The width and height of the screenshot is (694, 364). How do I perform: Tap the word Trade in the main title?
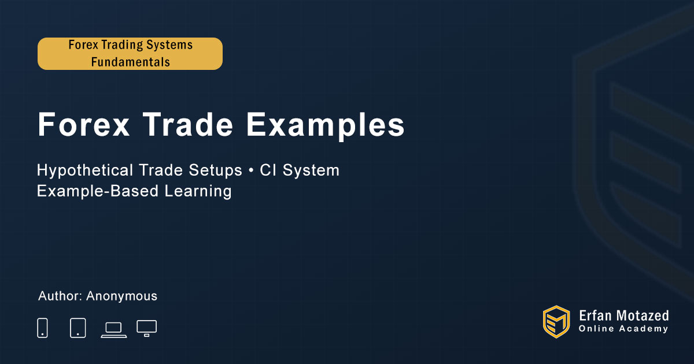pos(188,124)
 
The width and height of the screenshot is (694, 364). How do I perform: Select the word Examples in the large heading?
pos(326,127)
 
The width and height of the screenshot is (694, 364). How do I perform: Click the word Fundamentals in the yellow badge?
pos(131,62)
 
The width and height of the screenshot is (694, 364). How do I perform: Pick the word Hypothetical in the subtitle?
pos(85,171)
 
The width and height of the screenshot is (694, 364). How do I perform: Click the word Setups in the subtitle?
pos(215,171)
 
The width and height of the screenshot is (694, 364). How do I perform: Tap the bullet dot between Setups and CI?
pos(251,170)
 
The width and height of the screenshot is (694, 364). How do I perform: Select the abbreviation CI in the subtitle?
pos(268,170)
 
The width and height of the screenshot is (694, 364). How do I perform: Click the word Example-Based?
pos(98,191)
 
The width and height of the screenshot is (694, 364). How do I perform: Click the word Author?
pos(60,296)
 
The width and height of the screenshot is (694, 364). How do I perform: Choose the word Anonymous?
pos(122,296)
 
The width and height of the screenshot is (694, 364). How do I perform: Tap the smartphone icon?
pos(42,328)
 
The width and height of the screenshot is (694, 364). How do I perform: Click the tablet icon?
pos(77,328)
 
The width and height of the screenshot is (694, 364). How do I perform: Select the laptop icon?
pos(114,330)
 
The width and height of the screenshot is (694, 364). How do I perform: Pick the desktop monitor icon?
pos(146,329)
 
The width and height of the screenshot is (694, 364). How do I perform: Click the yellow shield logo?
pos(556,322)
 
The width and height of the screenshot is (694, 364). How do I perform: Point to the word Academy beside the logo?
pos(644,329)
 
